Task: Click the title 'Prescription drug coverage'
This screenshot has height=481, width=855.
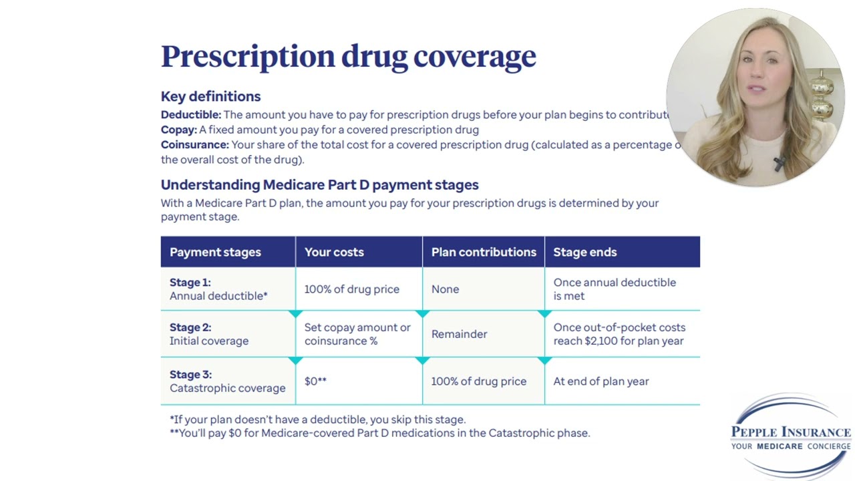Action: pyautogui.click(x=348, y=57)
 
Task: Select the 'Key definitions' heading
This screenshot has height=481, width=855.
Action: pyautogui.click(x=210, y=97)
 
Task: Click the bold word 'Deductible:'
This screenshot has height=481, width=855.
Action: pyautogui.click(x=191, y=114)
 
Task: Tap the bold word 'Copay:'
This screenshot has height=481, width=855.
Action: pyautogui.click(x=179, y=130)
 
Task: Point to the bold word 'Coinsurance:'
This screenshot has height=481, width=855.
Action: pyautogui.click(x=194, y=145)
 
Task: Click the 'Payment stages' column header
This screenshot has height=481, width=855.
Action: pyautogui.click(x=215, y=252)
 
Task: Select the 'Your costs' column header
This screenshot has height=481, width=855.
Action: pyautogui.click(x=334, y=252)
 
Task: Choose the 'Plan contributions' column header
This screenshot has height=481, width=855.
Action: pyautogui.click(x=484, y=252)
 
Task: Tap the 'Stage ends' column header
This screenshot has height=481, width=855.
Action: pyautogui.click(x=584, y=252)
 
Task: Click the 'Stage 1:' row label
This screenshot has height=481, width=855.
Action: pyautogui.click(x=190, y=283)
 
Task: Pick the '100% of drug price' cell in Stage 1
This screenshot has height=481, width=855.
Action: pyautogui.click(x=351, y=289)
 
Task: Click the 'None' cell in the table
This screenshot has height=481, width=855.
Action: pyautogui.click(x=445, y=289)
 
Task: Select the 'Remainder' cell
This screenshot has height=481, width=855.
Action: pyautogui.click(x=459, y=334)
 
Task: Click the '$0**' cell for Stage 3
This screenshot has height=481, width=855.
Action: pyautogui.click(x=315, y=381)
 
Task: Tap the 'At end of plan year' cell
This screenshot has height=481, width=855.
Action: pyautogui.click(x=601, y=381)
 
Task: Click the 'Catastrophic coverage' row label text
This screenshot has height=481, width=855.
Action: pyautogui.click(x=228, y=388)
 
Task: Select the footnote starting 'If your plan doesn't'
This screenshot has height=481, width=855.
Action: pyautogui.click(x=318, y=420)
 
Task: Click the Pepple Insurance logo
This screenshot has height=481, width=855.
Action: pyautogui.click(x=790, y=436)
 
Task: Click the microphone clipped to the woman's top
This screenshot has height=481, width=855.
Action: pyautogui.click(x=779, y=163)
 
